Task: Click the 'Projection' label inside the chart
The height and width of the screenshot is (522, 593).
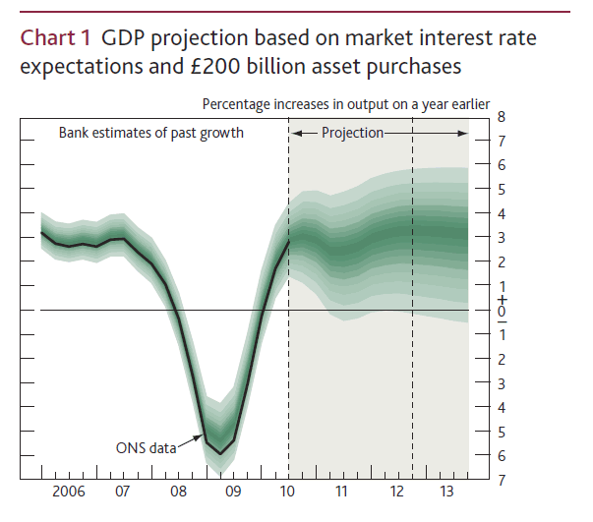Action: tap(352, 132)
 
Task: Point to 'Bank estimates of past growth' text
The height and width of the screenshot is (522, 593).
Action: tap(150, 132)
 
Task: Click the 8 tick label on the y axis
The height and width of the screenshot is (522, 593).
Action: tap(503, 116)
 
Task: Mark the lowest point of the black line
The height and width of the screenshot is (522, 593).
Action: tap(221, 453)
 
